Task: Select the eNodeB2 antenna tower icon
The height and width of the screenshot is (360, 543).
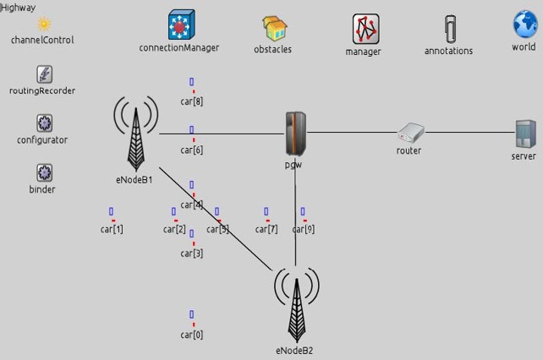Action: (296, 304)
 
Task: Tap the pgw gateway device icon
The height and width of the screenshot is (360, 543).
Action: (295, 133)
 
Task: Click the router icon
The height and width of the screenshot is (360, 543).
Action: (410, 132)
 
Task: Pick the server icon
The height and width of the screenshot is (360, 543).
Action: (525, 134)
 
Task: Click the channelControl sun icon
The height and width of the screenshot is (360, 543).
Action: (43, 23)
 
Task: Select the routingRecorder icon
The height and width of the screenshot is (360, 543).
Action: (44, 74)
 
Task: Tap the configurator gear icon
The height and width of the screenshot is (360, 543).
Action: (44, 123)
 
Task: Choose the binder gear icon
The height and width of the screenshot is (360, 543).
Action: (44, 173)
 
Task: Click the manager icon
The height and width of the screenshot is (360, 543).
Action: (365, 29)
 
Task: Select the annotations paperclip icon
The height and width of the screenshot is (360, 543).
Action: (449, 29)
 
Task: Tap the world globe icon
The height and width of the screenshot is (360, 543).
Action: (525, 25)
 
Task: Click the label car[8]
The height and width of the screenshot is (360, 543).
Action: (192, 101)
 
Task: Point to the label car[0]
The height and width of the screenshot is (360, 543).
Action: (192, 335)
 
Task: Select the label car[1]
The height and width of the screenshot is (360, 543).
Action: (112, 229)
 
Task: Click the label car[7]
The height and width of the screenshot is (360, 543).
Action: (266, 229)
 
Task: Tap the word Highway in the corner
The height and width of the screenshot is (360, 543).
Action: (18, 7)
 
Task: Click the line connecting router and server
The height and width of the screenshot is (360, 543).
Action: (469, 132)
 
